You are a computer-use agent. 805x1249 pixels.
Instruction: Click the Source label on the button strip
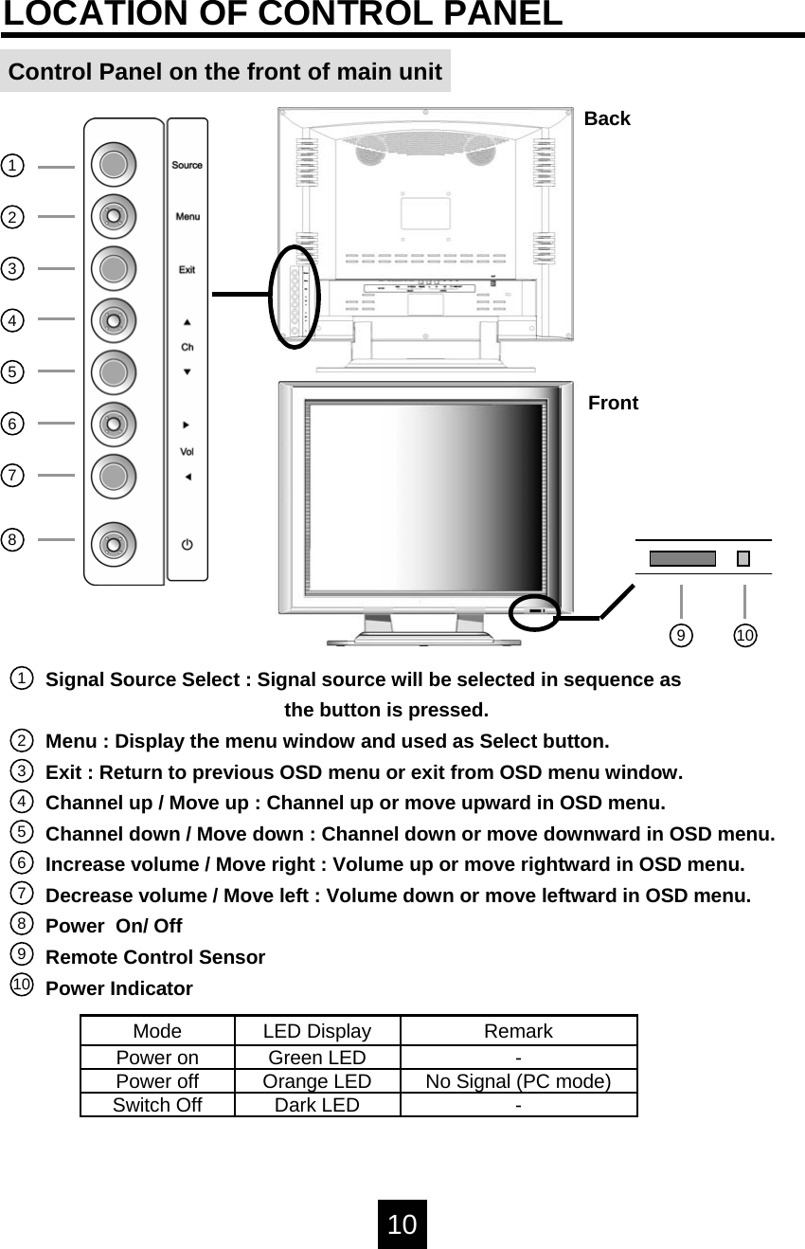(x=187, y=165)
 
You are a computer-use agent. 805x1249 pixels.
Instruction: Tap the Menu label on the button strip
(x=188, y=217)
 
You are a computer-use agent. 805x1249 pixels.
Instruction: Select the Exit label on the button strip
(x=188, y=270)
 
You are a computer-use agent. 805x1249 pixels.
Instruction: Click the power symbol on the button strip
(x=188, y=545)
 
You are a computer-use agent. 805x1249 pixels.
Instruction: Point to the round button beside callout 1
(x=114, y=165)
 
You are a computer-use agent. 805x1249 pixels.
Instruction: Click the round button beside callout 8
(x=114, y=544)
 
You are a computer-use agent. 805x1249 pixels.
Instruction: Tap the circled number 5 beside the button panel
(x=12, y=371)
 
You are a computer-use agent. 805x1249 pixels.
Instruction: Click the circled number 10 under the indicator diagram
(x=745, y=635)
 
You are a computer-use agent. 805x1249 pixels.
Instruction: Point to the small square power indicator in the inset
(x=743, y=558)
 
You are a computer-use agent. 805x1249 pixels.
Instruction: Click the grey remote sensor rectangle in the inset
(x=682, y=558)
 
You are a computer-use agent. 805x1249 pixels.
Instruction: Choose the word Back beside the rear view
(x=607, y=118)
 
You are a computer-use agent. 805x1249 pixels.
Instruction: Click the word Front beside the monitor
(x=613, y=403)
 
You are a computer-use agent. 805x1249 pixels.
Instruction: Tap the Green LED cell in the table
(x=316, y=1058)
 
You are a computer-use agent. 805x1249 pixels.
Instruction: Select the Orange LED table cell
(x=316, y=1081)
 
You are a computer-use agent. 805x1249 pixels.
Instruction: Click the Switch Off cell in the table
(x=157, y=1105)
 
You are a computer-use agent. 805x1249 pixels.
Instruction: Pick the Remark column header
(x=518, y=1031)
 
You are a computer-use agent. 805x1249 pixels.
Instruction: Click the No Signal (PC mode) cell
(x=518, y=1081)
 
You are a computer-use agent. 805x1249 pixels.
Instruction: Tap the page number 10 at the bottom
(x=402, y=1224)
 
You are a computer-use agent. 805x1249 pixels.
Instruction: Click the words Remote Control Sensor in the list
(x=155, y=957)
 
